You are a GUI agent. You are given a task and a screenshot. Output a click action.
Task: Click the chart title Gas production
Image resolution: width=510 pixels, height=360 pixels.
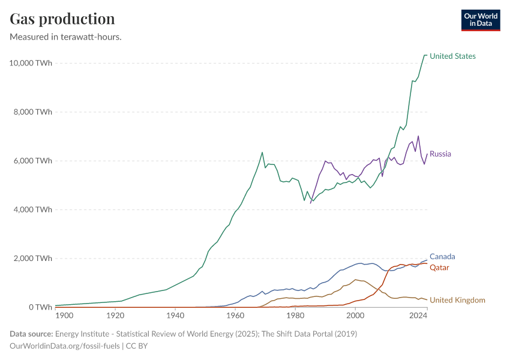point(62,19)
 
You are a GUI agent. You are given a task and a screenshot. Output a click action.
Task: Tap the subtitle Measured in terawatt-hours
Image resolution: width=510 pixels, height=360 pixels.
point(66,37)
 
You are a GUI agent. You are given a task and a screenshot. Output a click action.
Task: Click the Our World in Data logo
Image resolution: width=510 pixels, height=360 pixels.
point(480,20)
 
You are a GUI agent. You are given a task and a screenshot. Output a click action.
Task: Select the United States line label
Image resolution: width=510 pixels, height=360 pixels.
point(452,56)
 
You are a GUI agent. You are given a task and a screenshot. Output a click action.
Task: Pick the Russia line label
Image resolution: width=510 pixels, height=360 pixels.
point(440,154)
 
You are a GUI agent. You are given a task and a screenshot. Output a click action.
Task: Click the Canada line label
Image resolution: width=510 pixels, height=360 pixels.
point(442,257)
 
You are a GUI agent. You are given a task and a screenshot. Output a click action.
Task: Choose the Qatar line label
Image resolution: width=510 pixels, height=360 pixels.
point(439,268)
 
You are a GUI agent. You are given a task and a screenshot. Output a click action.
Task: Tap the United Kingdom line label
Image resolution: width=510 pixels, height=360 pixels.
point(457,300)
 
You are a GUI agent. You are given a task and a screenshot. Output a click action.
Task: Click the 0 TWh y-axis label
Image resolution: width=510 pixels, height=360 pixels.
point(40,307)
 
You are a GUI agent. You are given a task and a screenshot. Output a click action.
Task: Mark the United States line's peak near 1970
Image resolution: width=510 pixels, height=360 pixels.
point(262,152)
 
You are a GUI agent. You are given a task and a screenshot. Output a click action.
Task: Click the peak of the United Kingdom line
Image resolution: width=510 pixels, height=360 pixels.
point(356,280)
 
